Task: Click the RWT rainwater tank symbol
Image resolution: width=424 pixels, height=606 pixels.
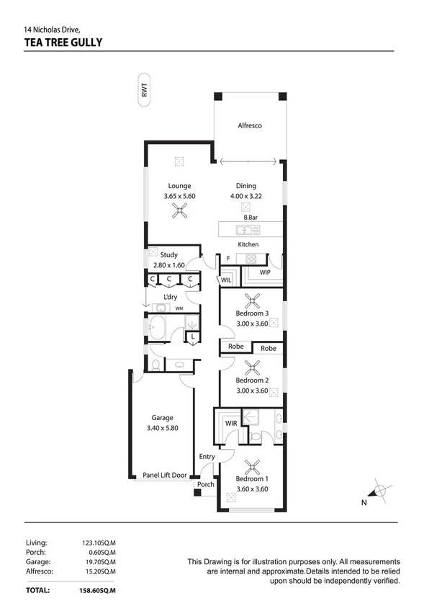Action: pos(144,89)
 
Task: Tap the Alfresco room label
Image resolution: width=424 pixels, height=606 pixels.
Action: pos(250,125)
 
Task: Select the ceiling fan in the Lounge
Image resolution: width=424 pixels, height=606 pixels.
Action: pos(179,210)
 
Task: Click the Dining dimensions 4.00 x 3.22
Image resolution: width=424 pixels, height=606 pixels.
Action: pos(246,196)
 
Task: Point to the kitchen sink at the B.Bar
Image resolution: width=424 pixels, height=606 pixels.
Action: pos(248,231)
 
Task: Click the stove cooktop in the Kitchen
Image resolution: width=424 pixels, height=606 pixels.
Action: pos(251,258)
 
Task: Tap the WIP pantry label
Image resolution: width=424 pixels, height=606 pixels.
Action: pos(265,272)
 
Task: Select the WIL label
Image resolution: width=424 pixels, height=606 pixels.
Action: pos(226,280)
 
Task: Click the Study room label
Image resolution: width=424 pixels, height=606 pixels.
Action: pos(168,255)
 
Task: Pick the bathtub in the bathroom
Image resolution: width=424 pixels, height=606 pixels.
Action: pos(157,328)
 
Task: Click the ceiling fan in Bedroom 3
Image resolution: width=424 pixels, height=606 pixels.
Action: pos(252,300)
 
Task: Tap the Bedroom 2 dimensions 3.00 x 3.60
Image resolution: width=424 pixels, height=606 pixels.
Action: pos(252,391)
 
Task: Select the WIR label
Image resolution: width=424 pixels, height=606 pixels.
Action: pos(231,424)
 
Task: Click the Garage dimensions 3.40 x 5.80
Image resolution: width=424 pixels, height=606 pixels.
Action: pos(163,428)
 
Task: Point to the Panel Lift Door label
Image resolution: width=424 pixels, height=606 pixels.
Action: pos(165,475)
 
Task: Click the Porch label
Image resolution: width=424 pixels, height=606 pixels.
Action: pos(206,485)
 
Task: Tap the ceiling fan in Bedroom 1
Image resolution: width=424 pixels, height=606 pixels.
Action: pos(252,467)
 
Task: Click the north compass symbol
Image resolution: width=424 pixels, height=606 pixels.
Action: pos(378,492)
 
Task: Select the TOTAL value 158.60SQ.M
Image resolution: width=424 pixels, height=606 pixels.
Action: pos(97,591)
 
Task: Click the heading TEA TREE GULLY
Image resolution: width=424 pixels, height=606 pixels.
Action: pos(63,42)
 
